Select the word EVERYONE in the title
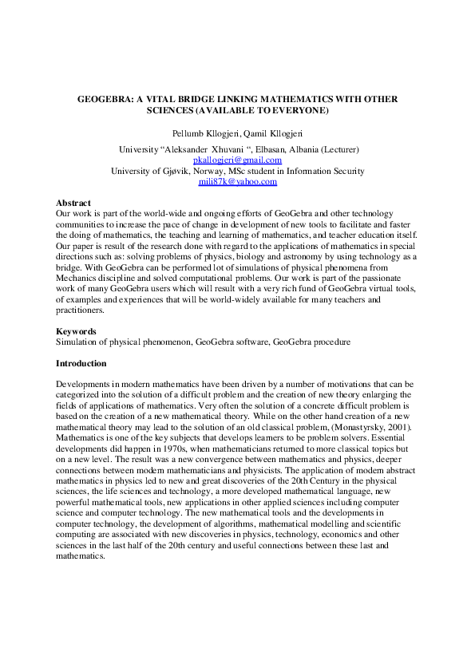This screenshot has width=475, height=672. [298, 109]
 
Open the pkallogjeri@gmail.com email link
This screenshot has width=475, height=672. [238, 160]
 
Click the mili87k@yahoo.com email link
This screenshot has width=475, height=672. [238, 182]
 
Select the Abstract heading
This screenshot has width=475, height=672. [73, 204]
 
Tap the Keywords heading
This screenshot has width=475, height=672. [76, 330]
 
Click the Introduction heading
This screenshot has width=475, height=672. [81, 363]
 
